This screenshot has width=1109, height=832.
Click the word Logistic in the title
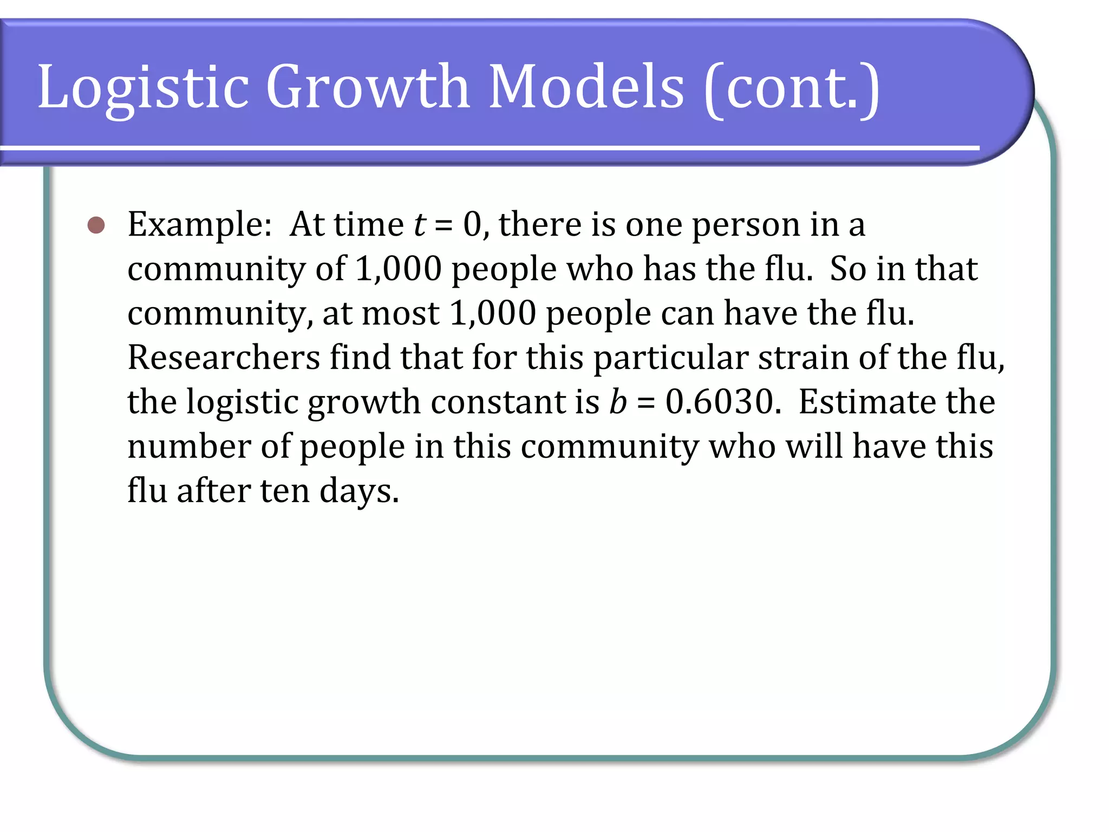[143, 87]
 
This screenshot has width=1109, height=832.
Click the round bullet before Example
[96, 225]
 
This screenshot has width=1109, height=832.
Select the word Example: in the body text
[199, 225]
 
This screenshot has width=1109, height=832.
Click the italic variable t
[420, 225]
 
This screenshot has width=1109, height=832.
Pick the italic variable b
[618, 402]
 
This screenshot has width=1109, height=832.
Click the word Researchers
[224, 358]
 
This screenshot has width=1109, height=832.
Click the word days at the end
[358, 491]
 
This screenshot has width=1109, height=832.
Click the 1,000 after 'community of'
[399, 269]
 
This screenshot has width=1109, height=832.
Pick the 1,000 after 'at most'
[493, 314]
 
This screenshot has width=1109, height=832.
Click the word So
[848, 269]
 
